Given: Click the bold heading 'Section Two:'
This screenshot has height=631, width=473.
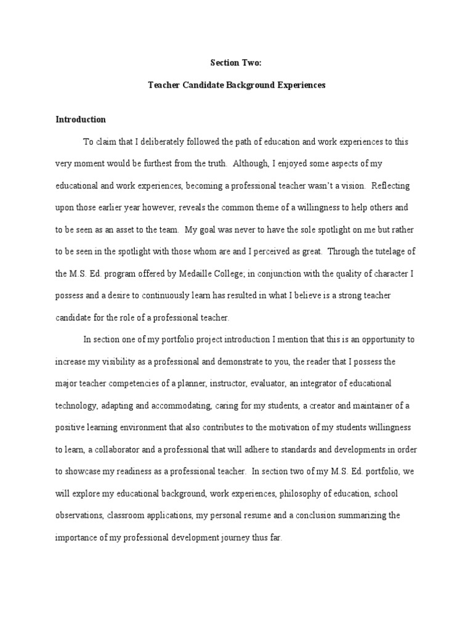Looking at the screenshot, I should pyautogui.click(x=236, y=62).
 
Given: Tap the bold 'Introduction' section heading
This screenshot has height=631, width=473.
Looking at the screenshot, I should pyautogui.click(x=81, y=120).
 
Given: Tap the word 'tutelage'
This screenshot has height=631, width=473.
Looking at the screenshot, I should pyautogui.click(x=382, y=251).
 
